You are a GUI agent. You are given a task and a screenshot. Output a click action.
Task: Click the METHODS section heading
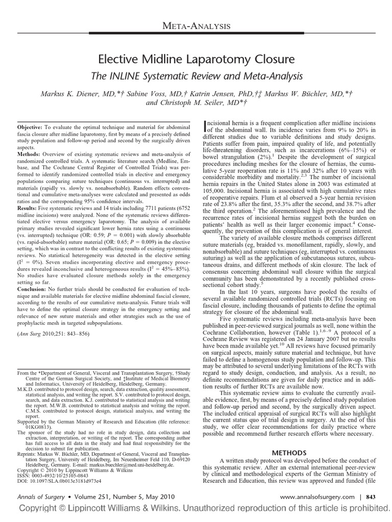288,452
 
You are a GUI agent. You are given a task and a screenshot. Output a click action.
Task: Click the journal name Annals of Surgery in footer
40,496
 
